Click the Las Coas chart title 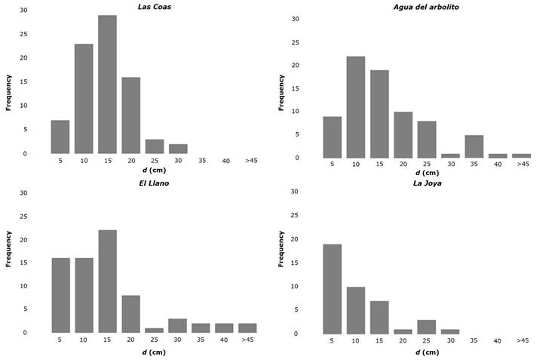click(x=153, y=7)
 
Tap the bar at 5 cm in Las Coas click(x=60, y=137)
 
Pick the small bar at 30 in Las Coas click(x=177, y=149)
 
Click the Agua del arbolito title click(x=426, y=7)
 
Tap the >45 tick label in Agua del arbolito click(x=522, y=165)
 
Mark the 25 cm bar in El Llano click(x=154, y=330)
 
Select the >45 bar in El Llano click(x=247, y=328)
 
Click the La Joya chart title click(x=426, y=183)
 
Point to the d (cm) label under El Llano click(x=153, y=352)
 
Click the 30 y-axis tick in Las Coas click(x=23, y=11)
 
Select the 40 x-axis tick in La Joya click(x=498, y=340)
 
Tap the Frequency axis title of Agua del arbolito click(x=281, y=87)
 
